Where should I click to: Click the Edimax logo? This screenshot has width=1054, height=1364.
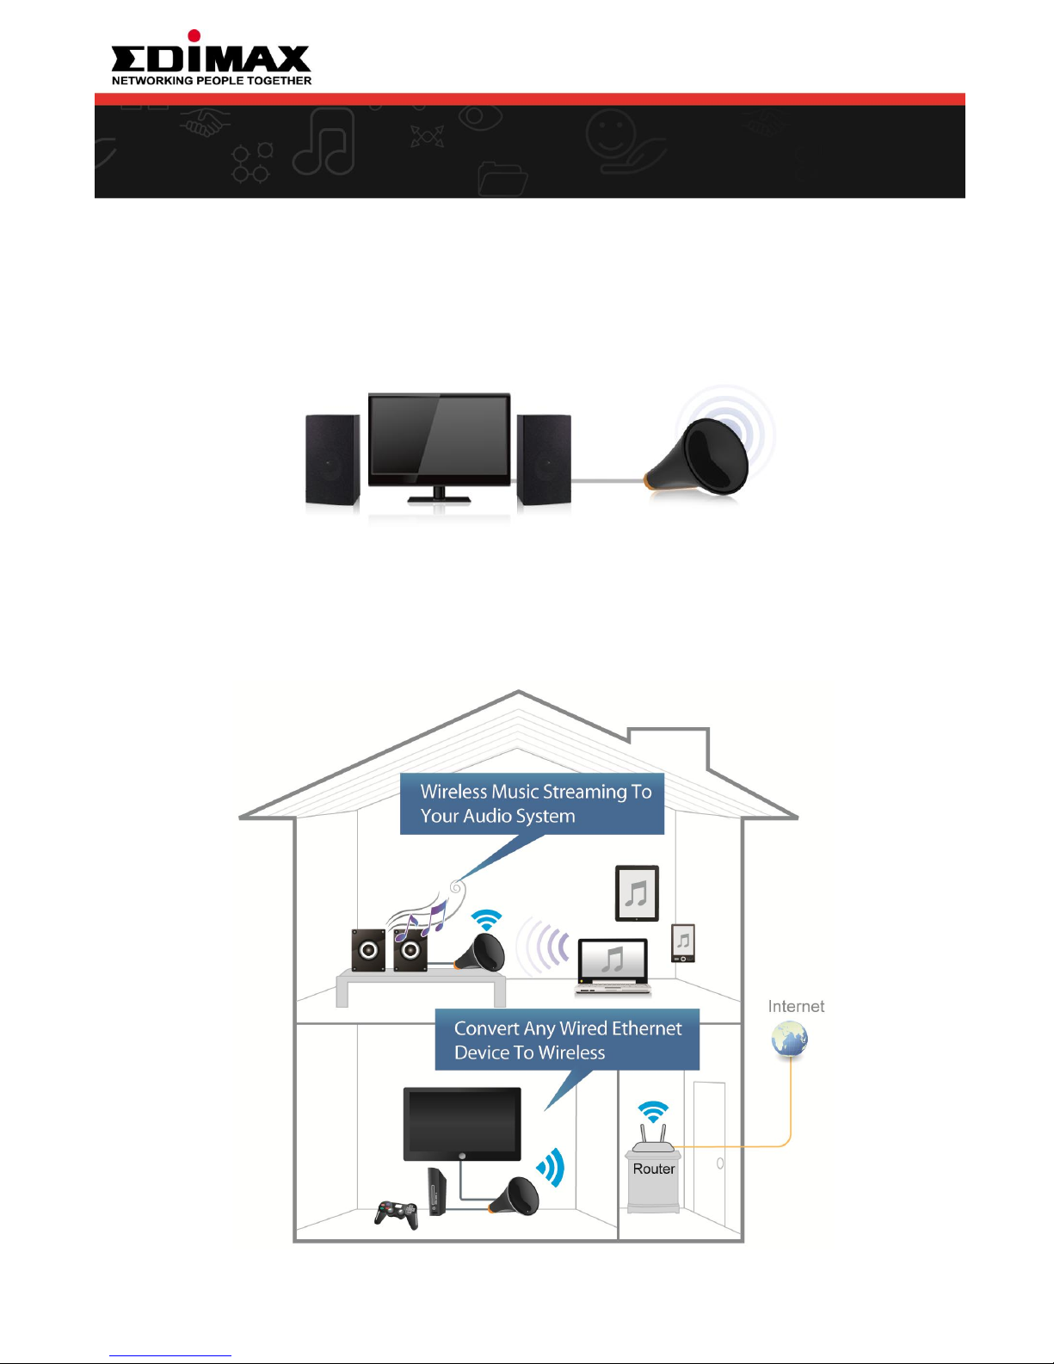(x=211, y=57)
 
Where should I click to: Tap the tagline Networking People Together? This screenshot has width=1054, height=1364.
(x=212, y=81)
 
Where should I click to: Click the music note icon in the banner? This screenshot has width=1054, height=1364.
(x=324, y=142)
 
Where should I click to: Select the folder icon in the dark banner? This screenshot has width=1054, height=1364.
(x=502, y=179)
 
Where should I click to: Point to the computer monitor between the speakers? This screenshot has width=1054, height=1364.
(x=439, y=440)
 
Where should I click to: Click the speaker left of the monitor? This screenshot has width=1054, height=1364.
(x=332, y=460)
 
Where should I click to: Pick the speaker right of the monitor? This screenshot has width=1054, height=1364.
(x=544, y=460)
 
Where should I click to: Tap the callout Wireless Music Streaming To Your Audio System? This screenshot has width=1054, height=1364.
(x=533, y=804)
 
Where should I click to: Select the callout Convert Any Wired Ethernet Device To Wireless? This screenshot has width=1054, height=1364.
(x=567, y=1040)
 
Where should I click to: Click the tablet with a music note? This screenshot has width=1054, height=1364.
(x=637, y=893)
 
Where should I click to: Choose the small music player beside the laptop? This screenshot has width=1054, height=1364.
(x=683, y=943)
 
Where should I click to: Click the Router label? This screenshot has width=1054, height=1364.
(x=654, y=1169)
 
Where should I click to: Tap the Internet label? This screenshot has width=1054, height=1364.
(x=796, y=1006)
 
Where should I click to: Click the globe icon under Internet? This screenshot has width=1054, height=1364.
(x=789, y=1040)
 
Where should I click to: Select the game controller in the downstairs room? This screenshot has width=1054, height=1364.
(x=397, y=1214)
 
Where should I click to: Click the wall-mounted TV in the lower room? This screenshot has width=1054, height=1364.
(x=462, y=1124)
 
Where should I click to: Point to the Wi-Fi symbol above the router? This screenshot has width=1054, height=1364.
(x=654, y=1112)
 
